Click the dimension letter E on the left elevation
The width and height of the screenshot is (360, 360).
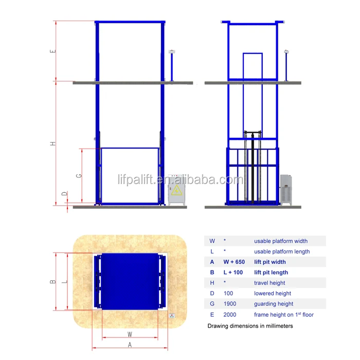(53, 51)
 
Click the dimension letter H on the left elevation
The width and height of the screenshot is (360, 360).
(53, 143)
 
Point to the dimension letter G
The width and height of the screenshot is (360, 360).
(79, 175)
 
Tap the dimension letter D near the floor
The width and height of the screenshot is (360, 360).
(64, 194)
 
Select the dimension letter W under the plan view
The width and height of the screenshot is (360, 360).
(130, 334)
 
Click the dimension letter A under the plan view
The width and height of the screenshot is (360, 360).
(130, 345)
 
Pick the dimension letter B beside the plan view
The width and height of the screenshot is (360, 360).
(52, 281)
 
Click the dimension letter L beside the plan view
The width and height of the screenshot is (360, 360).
(63, 281)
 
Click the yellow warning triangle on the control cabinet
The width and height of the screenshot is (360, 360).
(177, 191)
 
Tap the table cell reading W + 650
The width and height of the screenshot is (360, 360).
(234, 262)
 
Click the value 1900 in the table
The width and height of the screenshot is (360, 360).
(230, 304)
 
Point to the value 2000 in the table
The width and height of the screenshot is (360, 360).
(230, 314)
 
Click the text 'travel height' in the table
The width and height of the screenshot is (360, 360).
(269, 283)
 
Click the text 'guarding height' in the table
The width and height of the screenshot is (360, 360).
(274, 304)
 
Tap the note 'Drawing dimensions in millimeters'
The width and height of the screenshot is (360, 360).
(250, 326)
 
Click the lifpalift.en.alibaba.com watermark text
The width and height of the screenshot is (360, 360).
(180, 180)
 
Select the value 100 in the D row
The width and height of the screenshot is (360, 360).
(228, 293)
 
